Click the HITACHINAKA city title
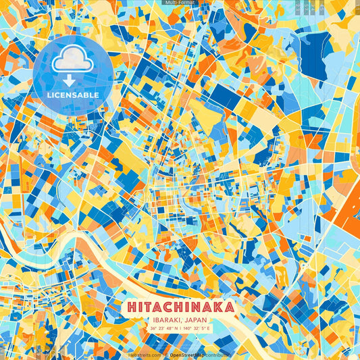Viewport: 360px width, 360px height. (x=180, y=307)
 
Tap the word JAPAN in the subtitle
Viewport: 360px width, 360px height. (x=196, y=319)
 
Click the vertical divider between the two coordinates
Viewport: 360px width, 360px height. (x=180, y=328)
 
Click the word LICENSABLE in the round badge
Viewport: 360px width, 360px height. (x=72, y=95)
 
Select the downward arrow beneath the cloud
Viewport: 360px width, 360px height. (x=72, y=79)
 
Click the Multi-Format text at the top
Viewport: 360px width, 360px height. (x=180, y=3)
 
